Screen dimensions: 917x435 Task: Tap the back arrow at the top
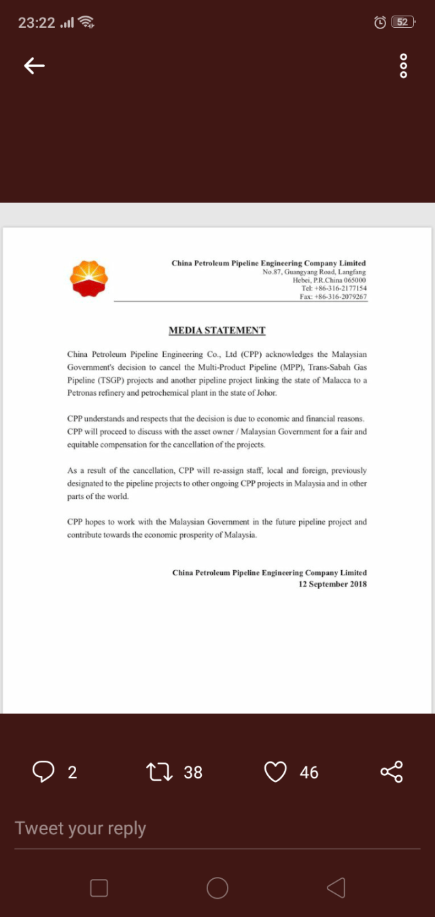tap(35, 65)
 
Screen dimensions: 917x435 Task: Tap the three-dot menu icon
tap(403, 66)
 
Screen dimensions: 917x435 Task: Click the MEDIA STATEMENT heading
tap(217, 331)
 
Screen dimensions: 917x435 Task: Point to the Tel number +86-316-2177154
tap(334, 288)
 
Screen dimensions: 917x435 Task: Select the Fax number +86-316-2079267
tap(333, 297)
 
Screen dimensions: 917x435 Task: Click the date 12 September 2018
tap(332, 584)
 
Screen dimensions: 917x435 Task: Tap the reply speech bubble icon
tap(44, 772)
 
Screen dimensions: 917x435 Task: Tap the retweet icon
tap(160, 772)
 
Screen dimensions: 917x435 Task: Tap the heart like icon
tap(275, 772)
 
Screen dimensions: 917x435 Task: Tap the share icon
tap(391, 772)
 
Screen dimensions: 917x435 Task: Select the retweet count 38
tap(193, 772)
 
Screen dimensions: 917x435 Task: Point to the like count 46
tap(309, 772)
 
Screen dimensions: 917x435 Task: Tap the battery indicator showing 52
tap(403, 22)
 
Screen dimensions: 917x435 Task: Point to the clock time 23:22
tap(37, 22)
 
